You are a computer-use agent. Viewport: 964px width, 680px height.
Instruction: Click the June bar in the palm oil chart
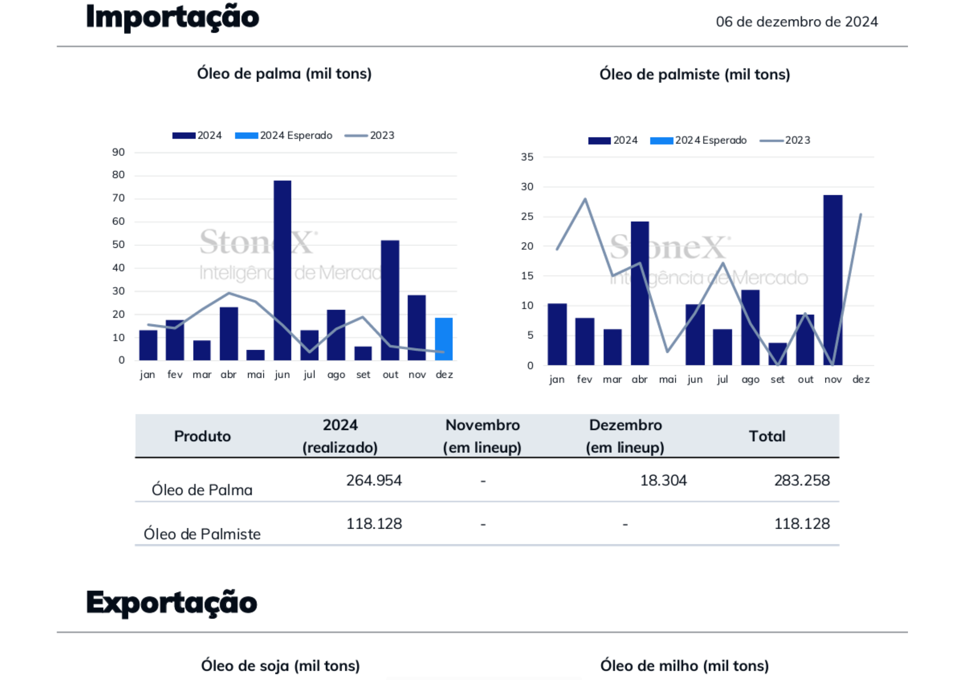point(282,270)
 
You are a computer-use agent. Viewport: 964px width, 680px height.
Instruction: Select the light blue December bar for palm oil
point(443,339)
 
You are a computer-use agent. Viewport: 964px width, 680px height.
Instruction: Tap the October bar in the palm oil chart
point(390,300)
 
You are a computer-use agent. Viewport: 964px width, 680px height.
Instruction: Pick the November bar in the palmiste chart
point(833,280)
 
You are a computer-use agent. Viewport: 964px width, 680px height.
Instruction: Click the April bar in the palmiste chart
point(640,293)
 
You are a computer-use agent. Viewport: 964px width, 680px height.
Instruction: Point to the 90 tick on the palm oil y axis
point(118,152)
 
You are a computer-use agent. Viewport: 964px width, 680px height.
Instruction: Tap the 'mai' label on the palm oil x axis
point(256,374)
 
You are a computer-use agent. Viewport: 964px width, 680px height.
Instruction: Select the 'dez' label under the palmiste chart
point(861,379)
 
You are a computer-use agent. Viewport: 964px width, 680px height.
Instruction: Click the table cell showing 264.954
point(374,480)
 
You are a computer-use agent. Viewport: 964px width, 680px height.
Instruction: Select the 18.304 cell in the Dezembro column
point(663,480)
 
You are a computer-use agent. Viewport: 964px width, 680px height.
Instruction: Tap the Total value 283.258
point(801,480)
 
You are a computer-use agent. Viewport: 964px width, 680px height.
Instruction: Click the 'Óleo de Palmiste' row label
point(202,534)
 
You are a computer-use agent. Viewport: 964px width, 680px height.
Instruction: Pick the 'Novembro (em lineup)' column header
point(482,436)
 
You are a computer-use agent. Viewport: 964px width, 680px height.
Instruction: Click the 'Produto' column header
point(202,436)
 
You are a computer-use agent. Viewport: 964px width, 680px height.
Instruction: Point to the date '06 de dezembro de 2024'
point(796,22)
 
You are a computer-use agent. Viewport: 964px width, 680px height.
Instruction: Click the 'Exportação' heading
point(172,603)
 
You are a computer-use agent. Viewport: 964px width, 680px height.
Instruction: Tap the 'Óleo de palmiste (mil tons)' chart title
point(694,74)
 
